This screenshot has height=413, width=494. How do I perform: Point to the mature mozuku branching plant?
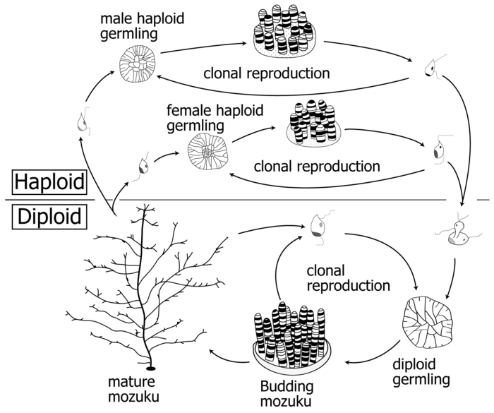pos(148,282)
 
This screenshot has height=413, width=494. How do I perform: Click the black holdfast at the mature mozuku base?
pos(150,368)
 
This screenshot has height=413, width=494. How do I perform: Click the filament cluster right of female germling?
pos(314,124)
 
